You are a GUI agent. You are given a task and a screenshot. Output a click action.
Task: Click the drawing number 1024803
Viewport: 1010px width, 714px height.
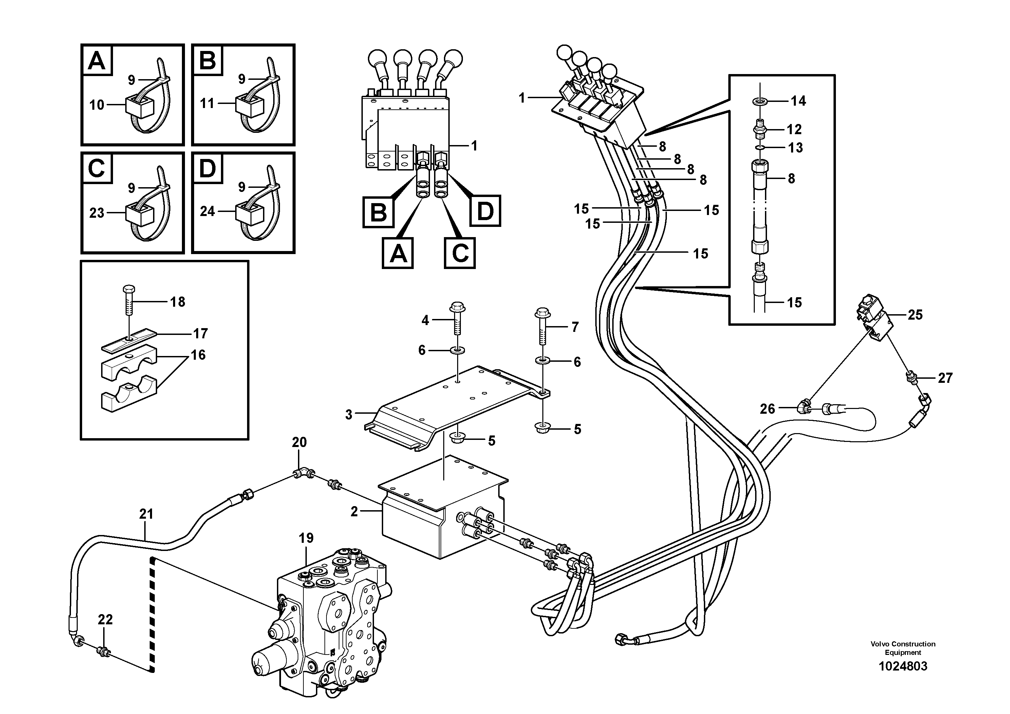pyautogui.click(x=903, y=666)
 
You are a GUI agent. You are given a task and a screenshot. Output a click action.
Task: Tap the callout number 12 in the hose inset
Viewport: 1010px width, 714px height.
pyautogui.click(x=794, y=129)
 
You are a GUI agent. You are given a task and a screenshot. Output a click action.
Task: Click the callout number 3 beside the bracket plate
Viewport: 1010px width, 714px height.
pyautogui.click(x=349, y=415)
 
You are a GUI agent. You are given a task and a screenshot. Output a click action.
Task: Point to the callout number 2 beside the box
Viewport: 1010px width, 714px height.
pyautogui.click(x=354, y=512)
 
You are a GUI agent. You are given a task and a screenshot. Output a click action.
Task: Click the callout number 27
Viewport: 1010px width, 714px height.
pyautogui.click(x=945, y=378)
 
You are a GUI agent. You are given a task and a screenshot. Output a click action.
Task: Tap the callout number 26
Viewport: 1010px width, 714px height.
pyautogui.click(x=767, y=409)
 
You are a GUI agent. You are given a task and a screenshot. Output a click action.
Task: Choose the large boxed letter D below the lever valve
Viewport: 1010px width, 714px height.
pyautogui.click(x=485, y=212)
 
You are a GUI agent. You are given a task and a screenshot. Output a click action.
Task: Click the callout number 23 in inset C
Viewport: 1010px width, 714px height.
pyautogui.click(x=97, y=213)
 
